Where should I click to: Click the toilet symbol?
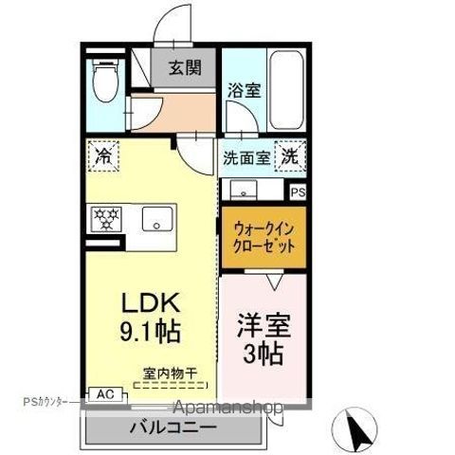tap(105, 80)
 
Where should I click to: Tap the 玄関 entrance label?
tap(185, 67)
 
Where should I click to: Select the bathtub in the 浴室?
tap(287, 90)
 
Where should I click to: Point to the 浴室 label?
tap(245, 90)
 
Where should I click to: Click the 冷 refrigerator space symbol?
tap(104, 156)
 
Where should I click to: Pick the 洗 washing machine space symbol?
tap(290, 156)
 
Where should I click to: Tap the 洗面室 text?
tap(246, 157)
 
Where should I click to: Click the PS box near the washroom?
tap(298, 192)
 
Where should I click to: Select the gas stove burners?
tap(106, 219)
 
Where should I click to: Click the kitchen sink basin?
tap(157, 219)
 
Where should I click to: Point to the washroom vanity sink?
tap(243, 190)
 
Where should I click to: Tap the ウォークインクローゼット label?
tap(264, 237)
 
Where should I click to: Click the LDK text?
tap(151, 303)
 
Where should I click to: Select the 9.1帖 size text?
tap(150, 332)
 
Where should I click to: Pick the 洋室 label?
tap(264, 325)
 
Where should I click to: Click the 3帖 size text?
tap(263, 354)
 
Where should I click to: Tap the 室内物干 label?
tap(170, 373)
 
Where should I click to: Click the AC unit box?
tap(105, 394)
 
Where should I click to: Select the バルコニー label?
tap(173, 428)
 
